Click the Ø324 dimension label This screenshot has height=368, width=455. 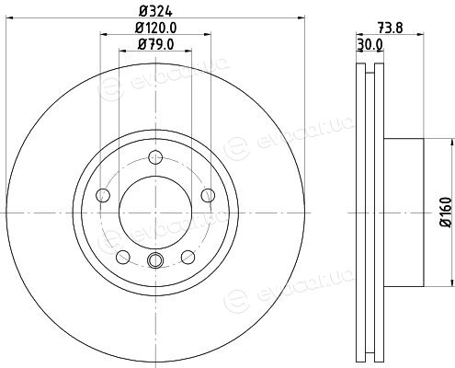coord(155,12)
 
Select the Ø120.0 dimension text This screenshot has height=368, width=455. coord(156,29)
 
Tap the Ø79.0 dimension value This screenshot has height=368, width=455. coord(156,44)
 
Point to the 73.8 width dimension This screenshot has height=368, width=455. coord(390,29)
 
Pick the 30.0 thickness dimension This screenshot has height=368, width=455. coord(370,45)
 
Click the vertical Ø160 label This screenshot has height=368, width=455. coord(446,213)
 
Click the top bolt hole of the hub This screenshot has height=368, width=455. coord(155,157)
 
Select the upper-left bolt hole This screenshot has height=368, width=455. coord(103,195)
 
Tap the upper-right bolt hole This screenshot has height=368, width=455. coord(208,195)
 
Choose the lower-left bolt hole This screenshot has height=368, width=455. coord(123,257)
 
